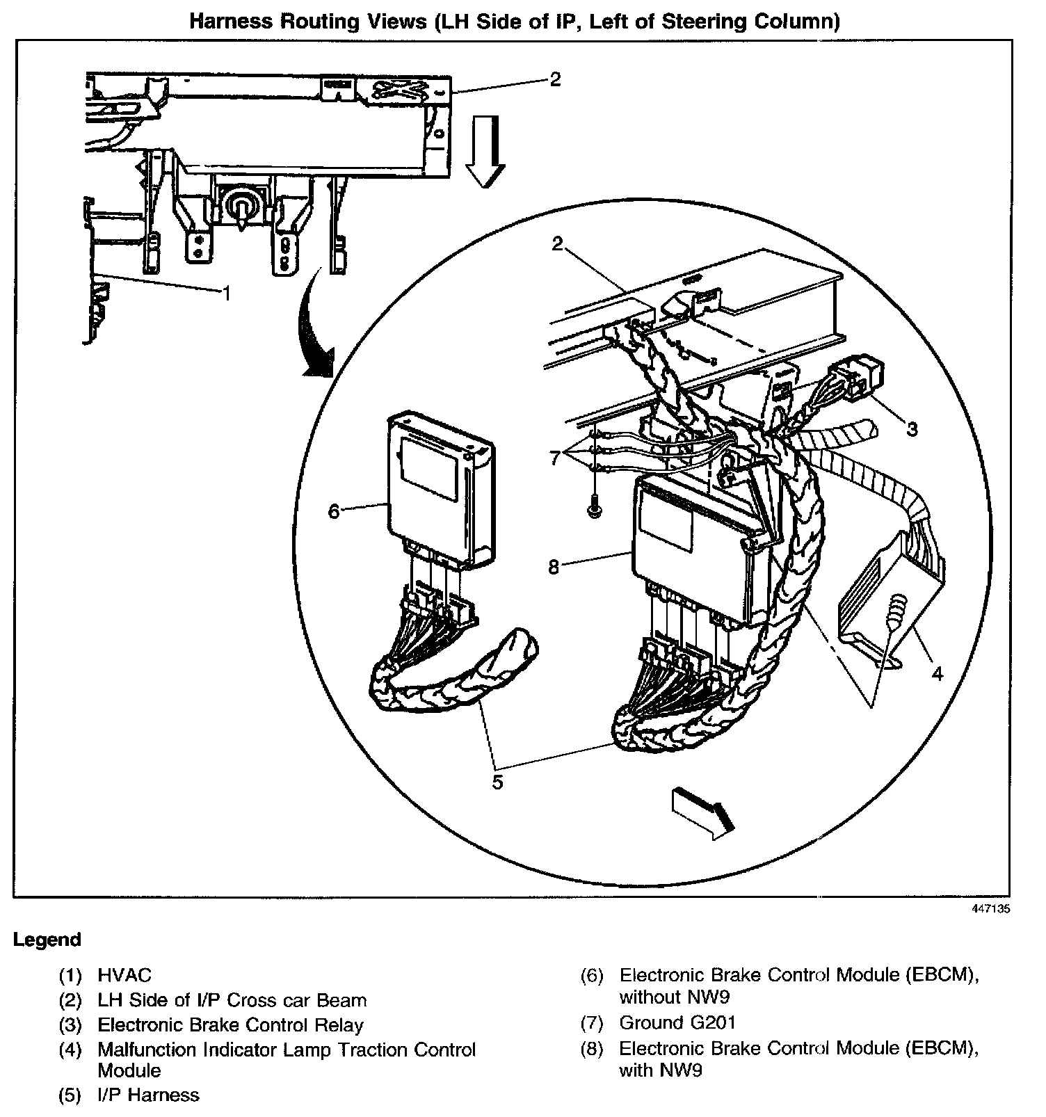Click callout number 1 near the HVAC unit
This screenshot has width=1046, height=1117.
click(225, 293)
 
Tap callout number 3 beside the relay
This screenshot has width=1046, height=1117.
click(912, 429)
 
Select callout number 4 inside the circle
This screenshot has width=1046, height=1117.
click(937, 673)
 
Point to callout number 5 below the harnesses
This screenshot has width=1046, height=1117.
click(497, 782)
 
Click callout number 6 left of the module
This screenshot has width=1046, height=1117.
click(334, 511)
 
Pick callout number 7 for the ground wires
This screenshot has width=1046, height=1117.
click(555, 458)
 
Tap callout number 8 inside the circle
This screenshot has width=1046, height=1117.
click(554, 568)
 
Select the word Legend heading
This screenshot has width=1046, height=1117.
click(47, 940)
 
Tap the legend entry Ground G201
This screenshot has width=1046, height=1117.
click(677, 1022)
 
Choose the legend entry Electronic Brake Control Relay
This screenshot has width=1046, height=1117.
click(230, 1024)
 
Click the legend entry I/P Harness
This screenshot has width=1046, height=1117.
click(148, 1095)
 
